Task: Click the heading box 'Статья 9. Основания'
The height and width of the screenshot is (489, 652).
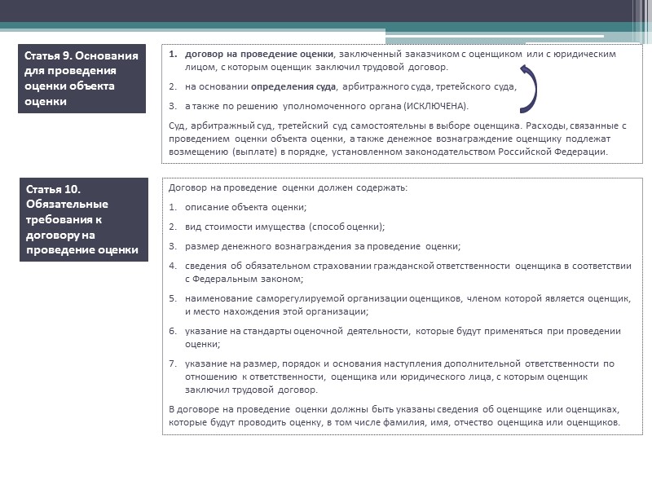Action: pyautogui.click(x=82, y=78)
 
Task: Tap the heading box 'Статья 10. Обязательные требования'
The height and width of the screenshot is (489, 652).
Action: pyautogui.click(x=82, y=219)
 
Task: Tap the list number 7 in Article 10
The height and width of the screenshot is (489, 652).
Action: pyautogui.click(x=173, y=363)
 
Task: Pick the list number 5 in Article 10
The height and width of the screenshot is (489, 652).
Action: pyautogui.click(x=173, y=299)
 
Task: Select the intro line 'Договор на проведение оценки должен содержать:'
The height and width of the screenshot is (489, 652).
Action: pyautogui.click(x=288, y=187)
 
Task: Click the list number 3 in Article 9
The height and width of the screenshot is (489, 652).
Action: pyautogui.click(x=173, y=107)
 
